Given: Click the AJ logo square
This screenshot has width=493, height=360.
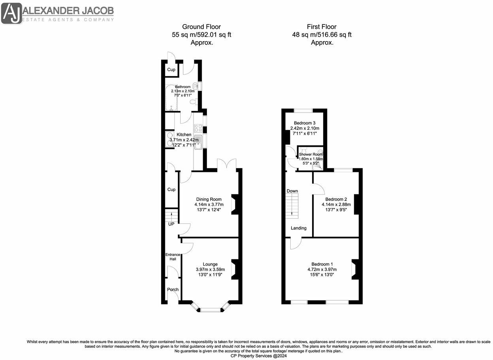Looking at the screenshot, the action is point(11,13).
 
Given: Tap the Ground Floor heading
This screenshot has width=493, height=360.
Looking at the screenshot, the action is point(201,27).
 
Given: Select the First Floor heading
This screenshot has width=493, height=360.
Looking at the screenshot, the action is point(322,27).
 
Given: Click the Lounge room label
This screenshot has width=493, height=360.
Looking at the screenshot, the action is point(210,264).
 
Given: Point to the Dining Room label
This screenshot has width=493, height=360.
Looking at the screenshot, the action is point(209,199).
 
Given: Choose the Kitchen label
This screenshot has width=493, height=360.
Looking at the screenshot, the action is point(184,135).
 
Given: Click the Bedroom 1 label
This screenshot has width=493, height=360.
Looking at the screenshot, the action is point(322,264).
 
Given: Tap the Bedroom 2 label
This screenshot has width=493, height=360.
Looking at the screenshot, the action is point(336,199).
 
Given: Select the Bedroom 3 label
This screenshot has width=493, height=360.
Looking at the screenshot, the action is point(305,123).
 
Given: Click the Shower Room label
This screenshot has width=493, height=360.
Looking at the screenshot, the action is point(310,154).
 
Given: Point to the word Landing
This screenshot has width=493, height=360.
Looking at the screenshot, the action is point(298,228).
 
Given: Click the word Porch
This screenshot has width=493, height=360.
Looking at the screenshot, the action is point(173,289).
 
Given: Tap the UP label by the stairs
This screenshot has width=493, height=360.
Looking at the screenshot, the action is point(171,224).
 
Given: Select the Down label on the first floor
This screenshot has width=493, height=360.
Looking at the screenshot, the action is point(292,191).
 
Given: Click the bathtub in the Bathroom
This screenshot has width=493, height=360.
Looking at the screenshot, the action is point(171,98).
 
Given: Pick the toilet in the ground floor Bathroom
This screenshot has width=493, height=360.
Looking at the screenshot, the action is point(194,102).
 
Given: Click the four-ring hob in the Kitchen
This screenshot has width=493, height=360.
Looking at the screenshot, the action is point(198,128).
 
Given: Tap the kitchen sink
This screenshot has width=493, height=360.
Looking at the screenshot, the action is point(198,142).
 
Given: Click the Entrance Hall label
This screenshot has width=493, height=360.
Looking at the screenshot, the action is point(173,257).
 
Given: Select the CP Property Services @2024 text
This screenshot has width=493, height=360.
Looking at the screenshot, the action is point(259,356).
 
